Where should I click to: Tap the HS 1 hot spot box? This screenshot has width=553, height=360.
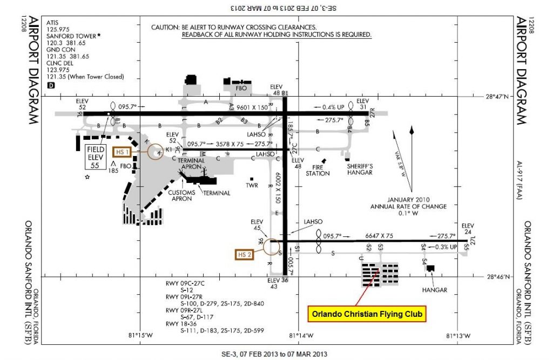point(123,152)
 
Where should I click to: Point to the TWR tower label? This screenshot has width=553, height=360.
point(252,185)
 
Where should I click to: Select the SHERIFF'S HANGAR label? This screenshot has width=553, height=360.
point(360,170)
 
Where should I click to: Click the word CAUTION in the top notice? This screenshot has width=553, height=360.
point(165,27)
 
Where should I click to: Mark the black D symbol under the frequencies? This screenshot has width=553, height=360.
point(51,85)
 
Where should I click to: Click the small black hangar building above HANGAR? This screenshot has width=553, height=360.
point(430,267)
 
